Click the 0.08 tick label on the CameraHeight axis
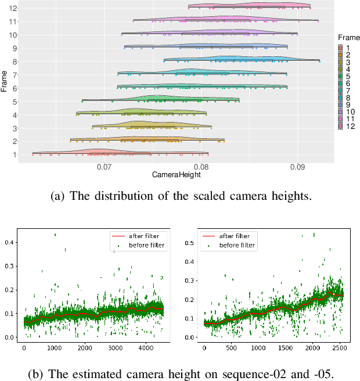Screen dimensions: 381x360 coord(201,167)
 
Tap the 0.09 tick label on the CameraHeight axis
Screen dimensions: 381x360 coord(297,167)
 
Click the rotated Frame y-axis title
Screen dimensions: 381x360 coord(5,81)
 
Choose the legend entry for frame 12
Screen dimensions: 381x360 coord(348,127)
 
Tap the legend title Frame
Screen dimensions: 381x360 coord(346,38)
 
